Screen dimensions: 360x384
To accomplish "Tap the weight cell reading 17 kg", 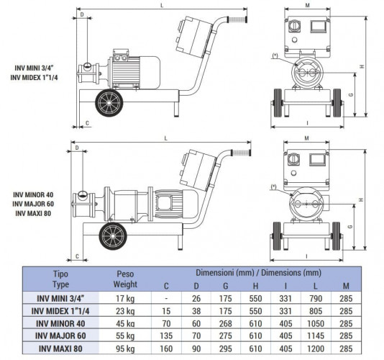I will pos(127,299).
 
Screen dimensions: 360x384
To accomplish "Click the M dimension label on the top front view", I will pos(307,6).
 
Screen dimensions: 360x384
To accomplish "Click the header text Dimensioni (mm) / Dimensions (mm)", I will pos(261,273).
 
